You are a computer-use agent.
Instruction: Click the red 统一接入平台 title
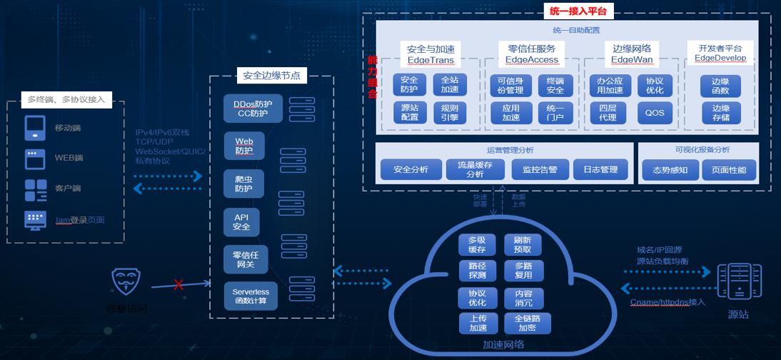coord(578,11)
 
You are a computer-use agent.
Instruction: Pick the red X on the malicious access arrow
coord(178,284)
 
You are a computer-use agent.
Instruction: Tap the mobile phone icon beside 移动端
coord(35,128)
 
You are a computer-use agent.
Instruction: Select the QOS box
coord(654,113)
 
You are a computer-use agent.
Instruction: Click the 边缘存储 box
coord(720,113)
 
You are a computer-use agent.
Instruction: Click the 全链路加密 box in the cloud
coord(528,324)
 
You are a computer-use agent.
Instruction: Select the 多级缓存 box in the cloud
coord(477,245)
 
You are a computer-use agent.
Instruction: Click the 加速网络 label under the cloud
coord(503,344)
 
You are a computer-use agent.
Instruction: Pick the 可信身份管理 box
coord(510,85)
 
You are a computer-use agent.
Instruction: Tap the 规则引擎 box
coord(450,113)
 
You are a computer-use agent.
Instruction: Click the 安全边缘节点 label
coord(271,75)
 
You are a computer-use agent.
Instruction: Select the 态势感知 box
coord(665,170)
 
